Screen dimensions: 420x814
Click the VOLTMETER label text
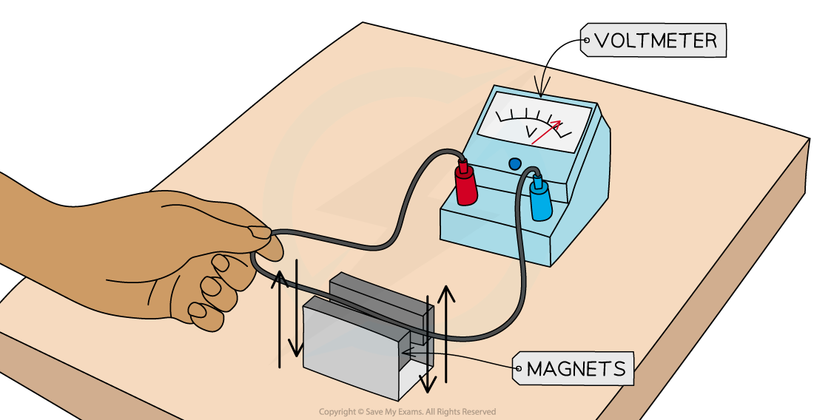(x=656, y=41)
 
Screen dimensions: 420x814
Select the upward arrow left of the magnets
(x=280, y=318)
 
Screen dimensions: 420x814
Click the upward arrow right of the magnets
(x=445, y=333)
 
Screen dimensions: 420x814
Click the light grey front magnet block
(x=348, y=348)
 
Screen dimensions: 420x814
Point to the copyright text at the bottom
(x=407, y=412)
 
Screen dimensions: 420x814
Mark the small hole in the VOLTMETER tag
(x=587, y=41)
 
